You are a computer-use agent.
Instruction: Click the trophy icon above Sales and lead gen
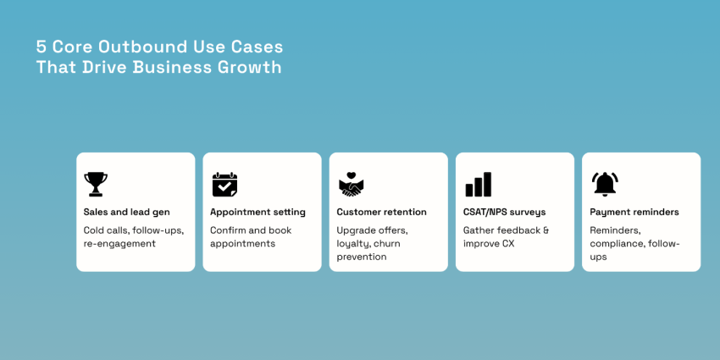click(x=96, y=184)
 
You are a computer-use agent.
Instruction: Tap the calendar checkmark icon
click(x=224, y=184)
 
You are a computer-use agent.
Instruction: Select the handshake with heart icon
click(x=351, y=184)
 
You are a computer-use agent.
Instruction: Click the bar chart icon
click(x=478, y=184)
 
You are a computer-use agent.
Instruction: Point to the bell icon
click(x=605, y=184)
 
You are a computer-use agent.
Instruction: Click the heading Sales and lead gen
click(x=126, y=212)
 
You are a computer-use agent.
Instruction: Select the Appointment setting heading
click(x=258, y=212)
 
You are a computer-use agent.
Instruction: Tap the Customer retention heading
click(x=381, y=212)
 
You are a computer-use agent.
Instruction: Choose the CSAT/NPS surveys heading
click(x=504, y=212)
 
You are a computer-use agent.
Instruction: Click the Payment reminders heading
click(x=634, y=212)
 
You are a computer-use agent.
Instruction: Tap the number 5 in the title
click(x=41, y=47)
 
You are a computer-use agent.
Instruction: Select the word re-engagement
click(x=119, y=244)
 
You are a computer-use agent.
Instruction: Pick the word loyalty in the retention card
click(x=353, y=244)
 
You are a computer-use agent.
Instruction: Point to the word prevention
click(x=362, y=257)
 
